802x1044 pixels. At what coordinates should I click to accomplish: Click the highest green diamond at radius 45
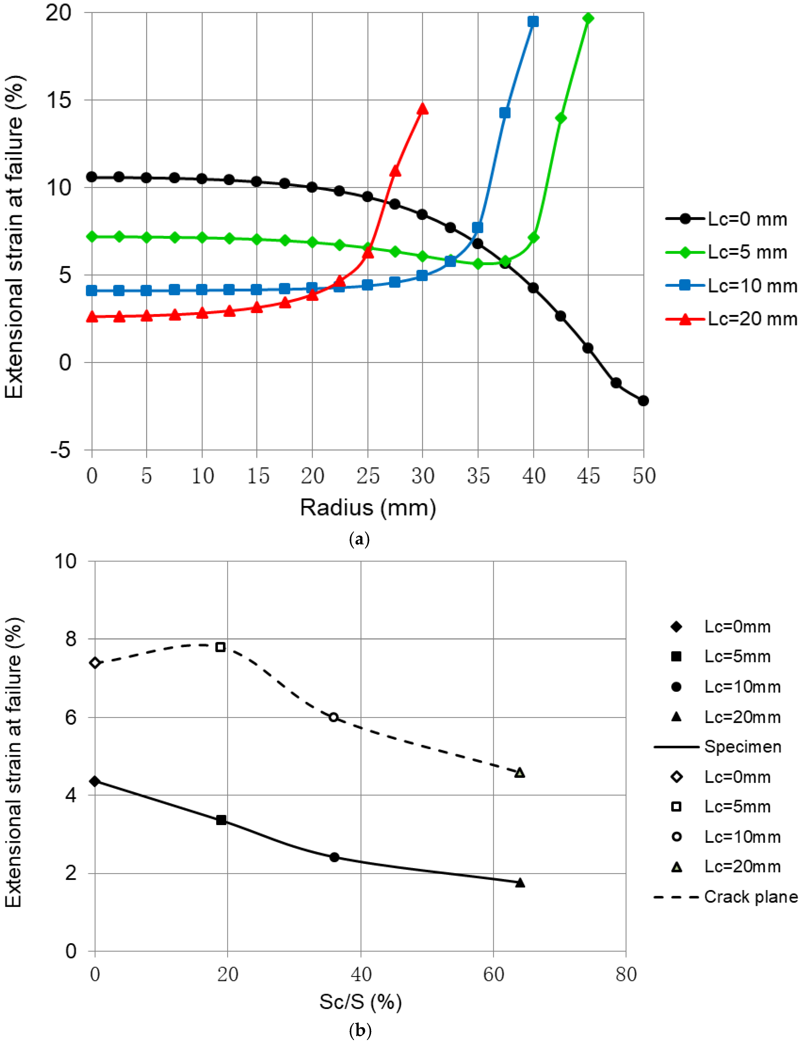point(588,18)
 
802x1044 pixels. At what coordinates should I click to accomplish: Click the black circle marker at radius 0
point(92,177)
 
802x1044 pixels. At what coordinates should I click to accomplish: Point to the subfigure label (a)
point(359,539)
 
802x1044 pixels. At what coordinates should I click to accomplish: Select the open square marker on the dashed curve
point(220,647)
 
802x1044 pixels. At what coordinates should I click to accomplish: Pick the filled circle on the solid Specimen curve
point(334,857)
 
